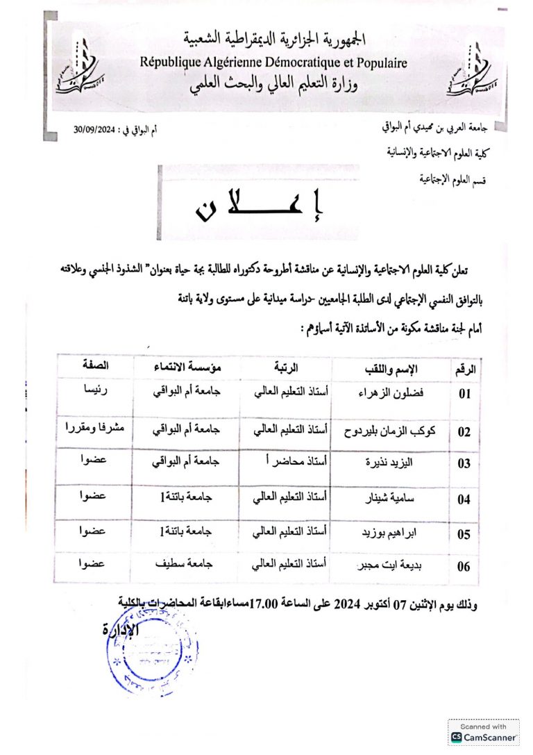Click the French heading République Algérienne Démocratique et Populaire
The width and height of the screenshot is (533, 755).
click(274, 63)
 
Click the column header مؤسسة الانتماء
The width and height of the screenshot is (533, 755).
click(186, 366)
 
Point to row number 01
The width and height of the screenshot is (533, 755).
click(464, 394)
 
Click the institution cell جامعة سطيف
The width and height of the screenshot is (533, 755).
click(187, 565)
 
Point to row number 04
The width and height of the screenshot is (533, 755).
click(464, 499)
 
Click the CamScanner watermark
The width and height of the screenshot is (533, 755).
click(484, 732)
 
